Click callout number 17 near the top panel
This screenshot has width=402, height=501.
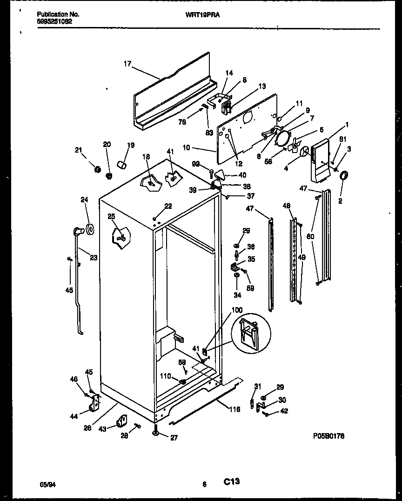[127, 65]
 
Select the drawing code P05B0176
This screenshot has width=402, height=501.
[328, 436]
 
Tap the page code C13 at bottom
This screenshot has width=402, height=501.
[231, 481]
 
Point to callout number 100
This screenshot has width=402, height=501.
[237, 310]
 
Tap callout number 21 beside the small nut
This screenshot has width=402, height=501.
[78, 150]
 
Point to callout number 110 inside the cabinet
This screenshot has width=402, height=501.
[165, 376]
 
